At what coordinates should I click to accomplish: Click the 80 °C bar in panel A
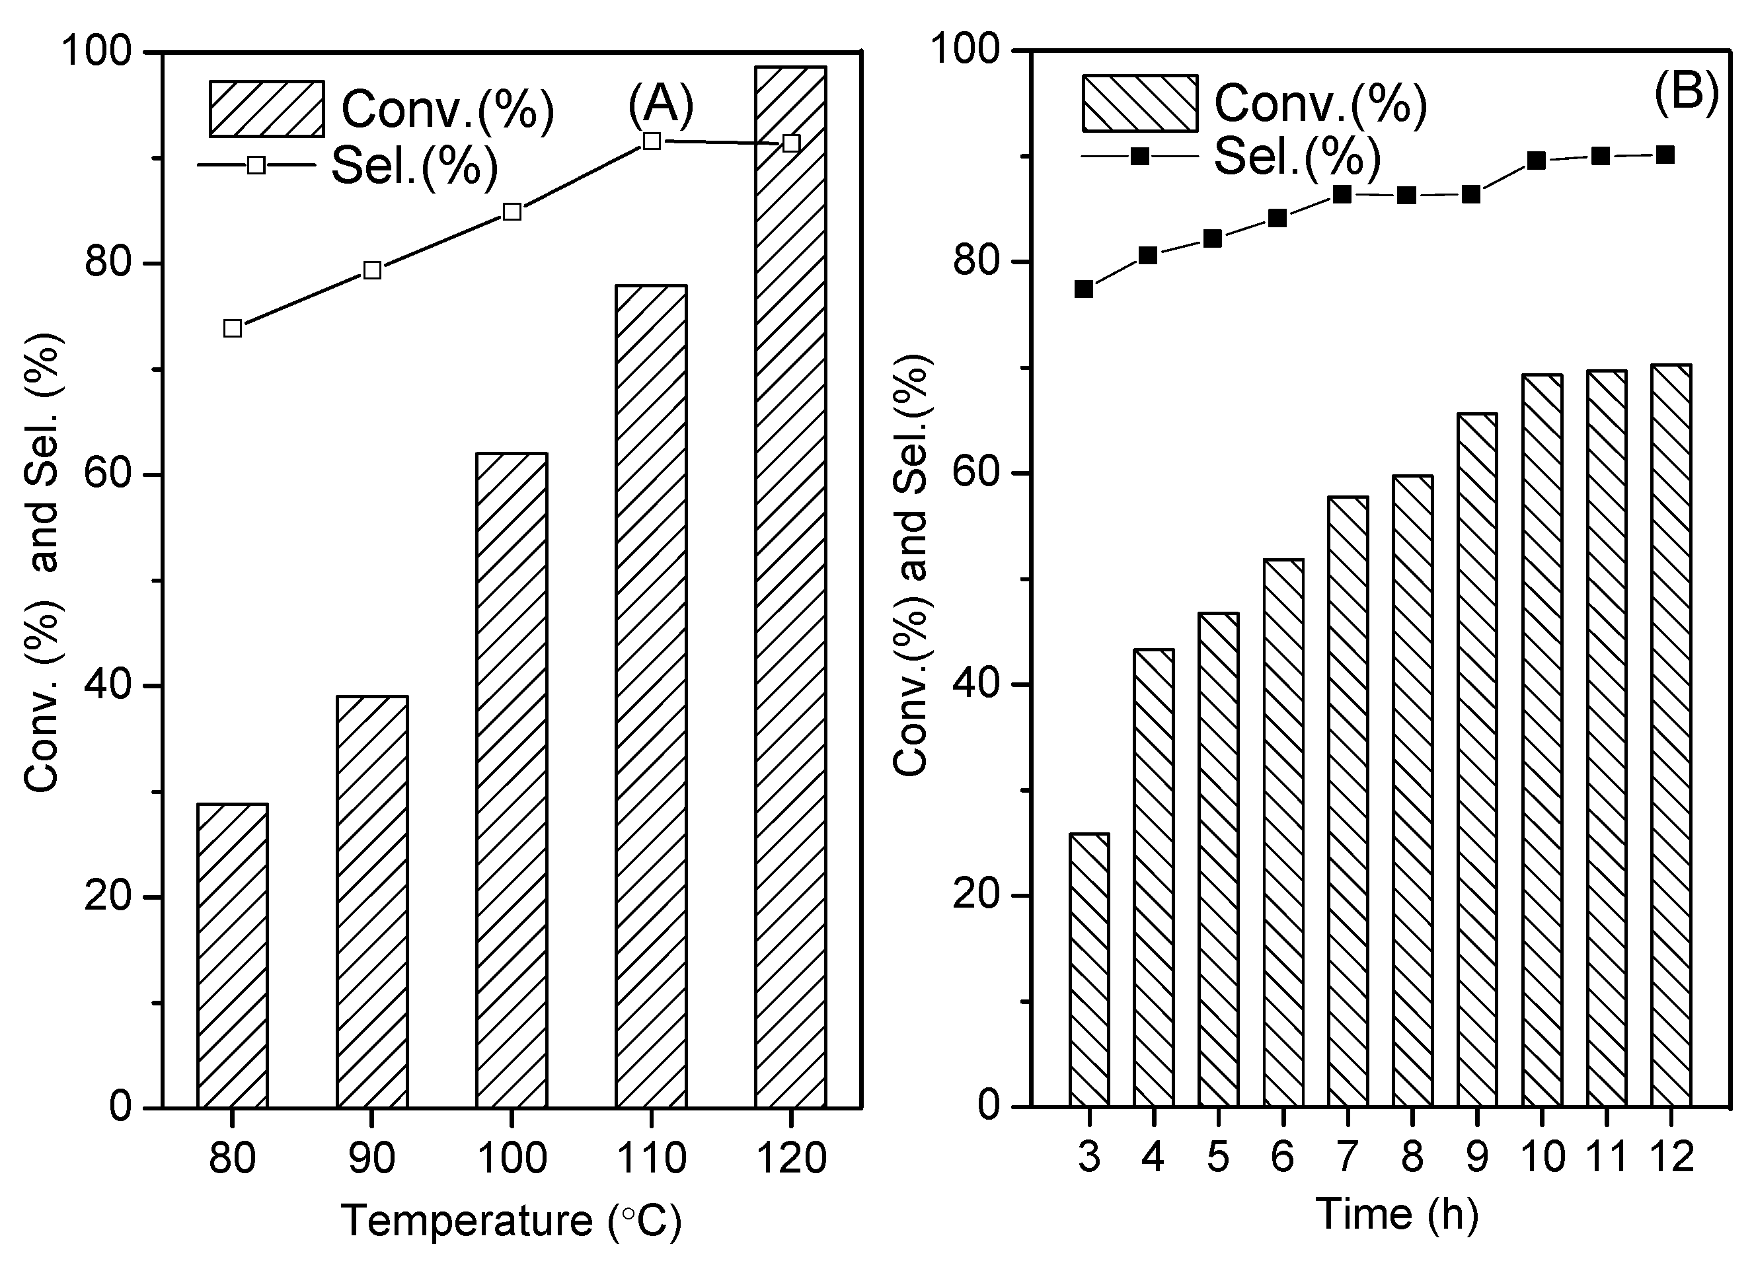233,955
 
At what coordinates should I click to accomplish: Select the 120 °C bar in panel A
790,587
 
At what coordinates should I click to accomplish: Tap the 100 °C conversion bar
512,780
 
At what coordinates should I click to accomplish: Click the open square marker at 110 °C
651,141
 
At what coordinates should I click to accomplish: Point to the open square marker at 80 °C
233,328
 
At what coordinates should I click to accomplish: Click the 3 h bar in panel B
1089,969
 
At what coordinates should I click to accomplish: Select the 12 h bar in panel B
1671,735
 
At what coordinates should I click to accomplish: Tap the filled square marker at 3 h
1084,289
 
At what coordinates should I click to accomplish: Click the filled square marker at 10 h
1537,161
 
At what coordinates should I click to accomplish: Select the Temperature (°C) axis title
512,1220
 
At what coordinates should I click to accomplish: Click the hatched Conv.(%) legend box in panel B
1139,104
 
